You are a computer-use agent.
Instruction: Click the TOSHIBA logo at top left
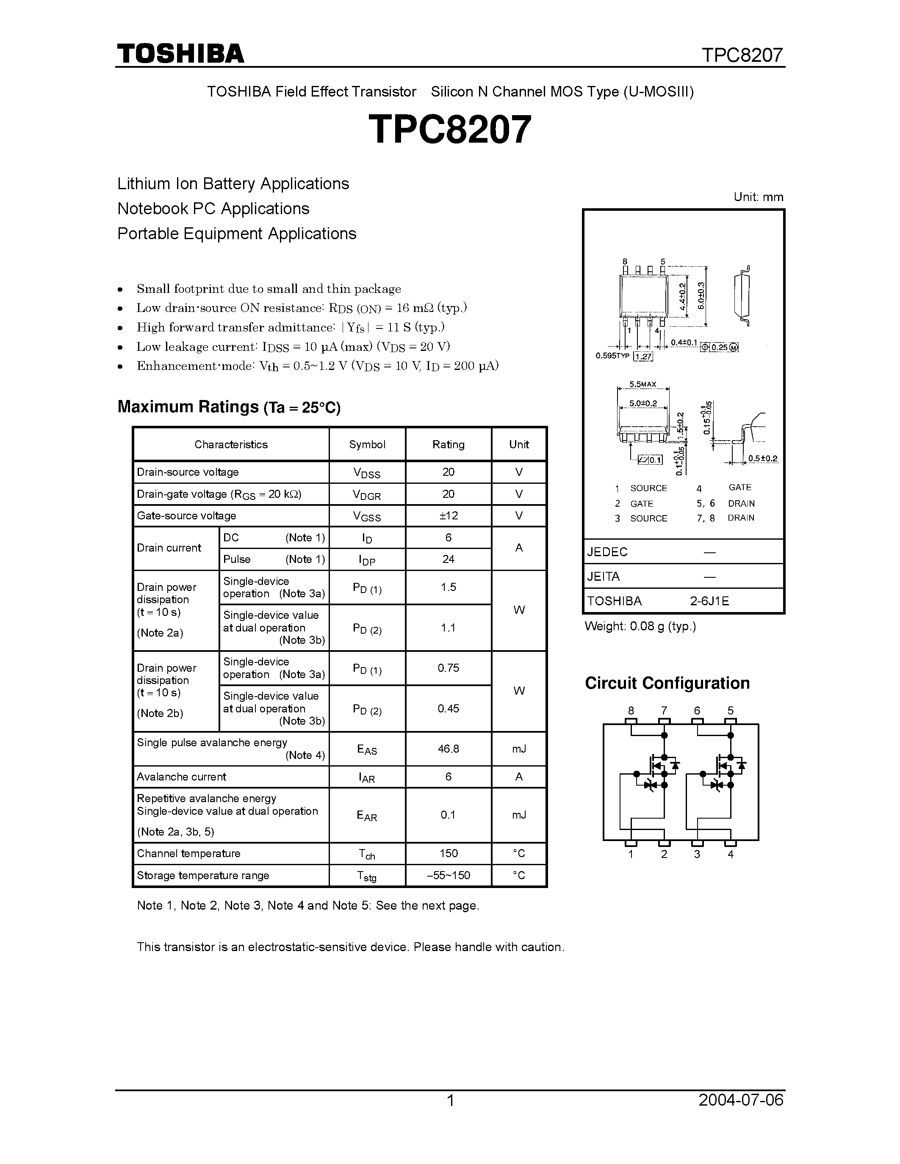click(x=180, y=54)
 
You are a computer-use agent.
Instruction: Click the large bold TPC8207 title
click(x=450, y=130)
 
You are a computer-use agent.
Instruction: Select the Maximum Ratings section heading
click(x=229, y=407)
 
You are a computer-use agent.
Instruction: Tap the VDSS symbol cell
click(x=367, y=473)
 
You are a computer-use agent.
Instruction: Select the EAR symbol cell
click(x=367, y=816)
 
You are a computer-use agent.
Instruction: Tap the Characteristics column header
click(x=231, y=444)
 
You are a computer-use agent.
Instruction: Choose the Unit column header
click(x=519, y=444)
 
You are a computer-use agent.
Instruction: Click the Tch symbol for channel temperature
click(x=367, y=854)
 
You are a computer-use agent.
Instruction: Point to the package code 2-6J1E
click(x=709, y=601)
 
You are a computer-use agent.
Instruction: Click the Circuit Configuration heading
click(x=667, y=683)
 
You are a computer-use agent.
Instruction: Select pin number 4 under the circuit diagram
click(x=731, y=854)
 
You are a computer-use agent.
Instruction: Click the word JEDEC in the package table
click(x=607, y=552)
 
